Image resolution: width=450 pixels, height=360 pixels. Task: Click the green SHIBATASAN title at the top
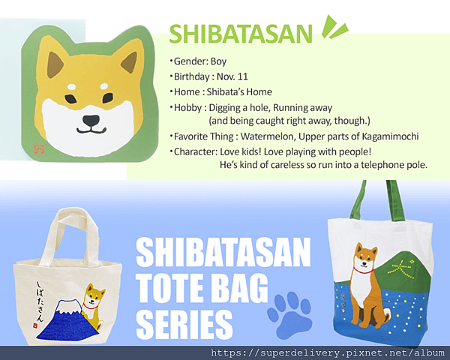(241, 34)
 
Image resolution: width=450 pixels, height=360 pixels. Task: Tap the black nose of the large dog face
(91, 121)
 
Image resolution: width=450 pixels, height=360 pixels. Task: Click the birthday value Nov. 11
(232, 76)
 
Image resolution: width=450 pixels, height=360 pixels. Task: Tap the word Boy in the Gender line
(218, 61)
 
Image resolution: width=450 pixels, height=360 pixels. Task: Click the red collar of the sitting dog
(363, 270)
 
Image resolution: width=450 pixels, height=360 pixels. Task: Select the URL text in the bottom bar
(328, 352)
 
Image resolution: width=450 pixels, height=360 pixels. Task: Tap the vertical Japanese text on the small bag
(40, 301)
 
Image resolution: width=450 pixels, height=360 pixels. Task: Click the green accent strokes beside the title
(334, 27)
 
